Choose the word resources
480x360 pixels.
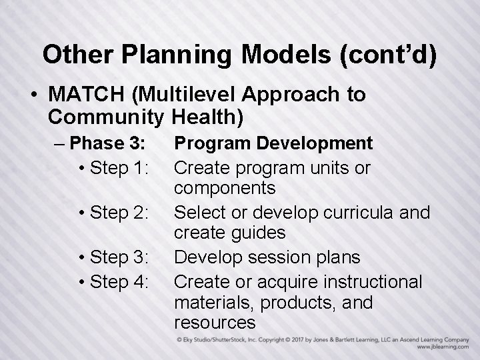[x=215, y=323]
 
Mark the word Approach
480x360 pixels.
[x=291, y=95]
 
